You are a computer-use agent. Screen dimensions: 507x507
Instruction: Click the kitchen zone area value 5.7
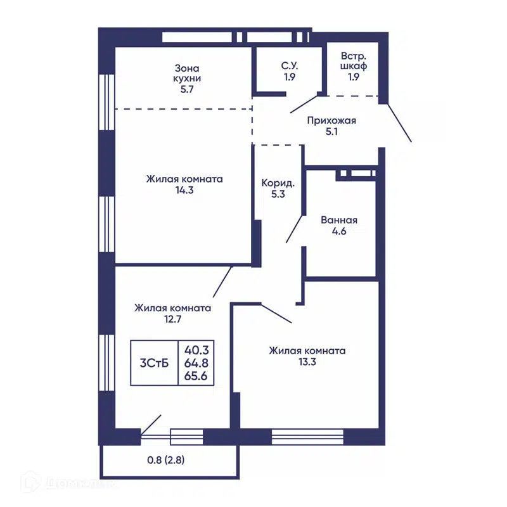tap(187, 89)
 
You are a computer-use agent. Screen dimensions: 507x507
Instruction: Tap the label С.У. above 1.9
tap(290, 66)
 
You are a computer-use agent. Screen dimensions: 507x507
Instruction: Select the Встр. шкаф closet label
tap(354, 61)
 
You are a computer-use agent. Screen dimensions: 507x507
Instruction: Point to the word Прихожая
tap(331, 120)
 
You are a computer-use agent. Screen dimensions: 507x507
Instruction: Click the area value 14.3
tap(184, 190)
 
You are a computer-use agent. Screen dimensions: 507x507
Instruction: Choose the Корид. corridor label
tap(278, 183)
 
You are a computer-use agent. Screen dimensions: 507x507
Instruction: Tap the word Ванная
tap(339, 220)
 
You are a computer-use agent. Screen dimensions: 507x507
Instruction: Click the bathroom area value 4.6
tap(339, 231)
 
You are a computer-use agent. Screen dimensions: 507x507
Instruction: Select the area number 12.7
tap(172, 319)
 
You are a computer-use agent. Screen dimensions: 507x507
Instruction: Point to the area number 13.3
tap(307, 362)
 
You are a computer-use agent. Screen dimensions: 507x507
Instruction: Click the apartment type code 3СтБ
tap(154, 363)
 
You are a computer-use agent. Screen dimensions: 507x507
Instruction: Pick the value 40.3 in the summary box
tap(196, 350)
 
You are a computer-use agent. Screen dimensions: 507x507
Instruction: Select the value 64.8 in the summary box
tap(196, 363)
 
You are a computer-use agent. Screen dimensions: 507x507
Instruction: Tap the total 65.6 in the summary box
tap(196, 376)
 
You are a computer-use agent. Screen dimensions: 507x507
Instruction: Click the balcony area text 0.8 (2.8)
tap(166, 460)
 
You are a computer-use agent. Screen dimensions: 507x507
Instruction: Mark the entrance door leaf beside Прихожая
tap(399, 122)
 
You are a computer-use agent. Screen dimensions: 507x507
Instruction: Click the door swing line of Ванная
tap(294, 229)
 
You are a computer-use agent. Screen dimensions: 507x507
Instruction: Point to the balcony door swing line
tap(151, 425)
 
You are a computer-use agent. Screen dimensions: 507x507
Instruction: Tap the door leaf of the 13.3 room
tap(276, 313)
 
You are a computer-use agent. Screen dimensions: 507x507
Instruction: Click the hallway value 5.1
tap(331, 132)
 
